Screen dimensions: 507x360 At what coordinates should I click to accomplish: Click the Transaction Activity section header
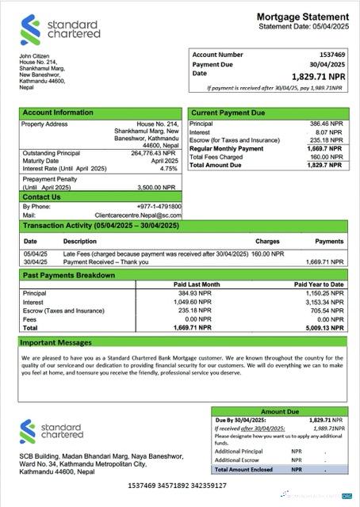point(100,226)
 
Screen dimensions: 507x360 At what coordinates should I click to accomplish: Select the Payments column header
point(329,240)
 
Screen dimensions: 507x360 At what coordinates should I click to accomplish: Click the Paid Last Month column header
point(196,284)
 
